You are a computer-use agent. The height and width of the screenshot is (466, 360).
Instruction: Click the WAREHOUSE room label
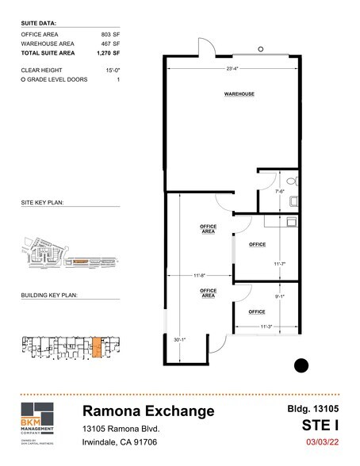(x=239, y=94)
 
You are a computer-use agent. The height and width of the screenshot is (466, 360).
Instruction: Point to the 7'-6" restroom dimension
(x=279, y=191)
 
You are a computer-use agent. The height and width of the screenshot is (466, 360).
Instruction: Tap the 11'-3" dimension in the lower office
(x=266, y=327)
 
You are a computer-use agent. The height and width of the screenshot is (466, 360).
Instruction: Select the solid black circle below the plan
(x=301, y=365)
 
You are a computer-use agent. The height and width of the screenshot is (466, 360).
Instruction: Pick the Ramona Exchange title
(x=148, y=411)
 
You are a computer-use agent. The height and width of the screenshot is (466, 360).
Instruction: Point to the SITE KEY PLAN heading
(x=42, y=203)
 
